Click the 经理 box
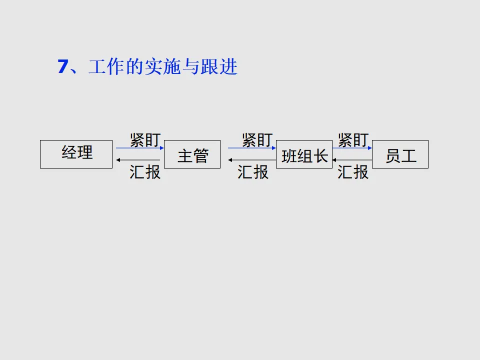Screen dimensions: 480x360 pos(76,154)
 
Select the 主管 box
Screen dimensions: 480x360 pos(192,154)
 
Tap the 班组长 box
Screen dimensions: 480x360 pos(304,154)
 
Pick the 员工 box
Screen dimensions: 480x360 pos(400,154)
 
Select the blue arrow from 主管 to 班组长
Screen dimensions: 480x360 pos(252,148)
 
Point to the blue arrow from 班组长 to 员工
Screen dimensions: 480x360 pos(352,148)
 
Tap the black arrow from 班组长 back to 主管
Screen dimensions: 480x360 pos(252,160)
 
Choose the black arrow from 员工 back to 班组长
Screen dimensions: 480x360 pos(352,160)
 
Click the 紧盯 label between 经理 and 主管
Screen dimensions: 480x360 pos(145,139)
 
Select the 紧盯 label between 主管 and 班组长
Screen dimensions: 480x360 pos(257,139)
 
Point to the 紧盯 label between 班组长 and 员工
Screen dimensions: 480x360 pos(353,139)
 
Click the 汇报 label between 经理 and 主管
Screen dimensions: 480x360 pos(145,172)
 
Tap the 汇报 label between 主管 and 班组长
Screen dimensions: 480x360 pos(253,172)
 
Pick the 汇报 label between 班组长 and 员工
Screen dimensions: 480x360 pos(353,172)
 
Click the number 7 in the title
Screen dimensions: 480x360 pos(62,66)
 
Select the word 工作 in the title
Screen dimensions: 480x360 pos(105,67)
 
